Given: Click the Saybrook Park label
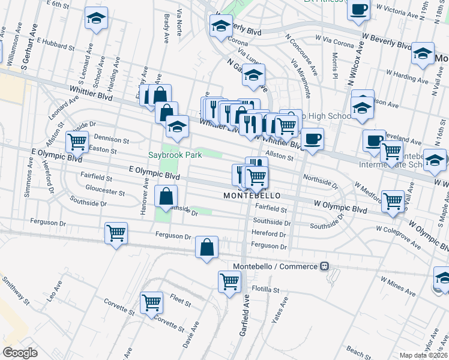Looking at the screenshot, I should pyautogui.click(x=175, y=154).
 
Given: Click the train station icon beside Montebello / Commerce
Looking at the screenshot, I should pyautogui.click(x=324, y=266).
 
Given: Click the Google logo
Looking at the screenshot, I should pyautogui.click(x=20, y=352).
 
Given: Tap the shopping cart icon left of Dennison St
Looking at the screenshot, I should pyautogui.click(x=77, y=142).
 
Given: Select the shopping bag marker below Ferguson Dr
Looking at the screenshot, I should pyautogui.click(x=206, y=247).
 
